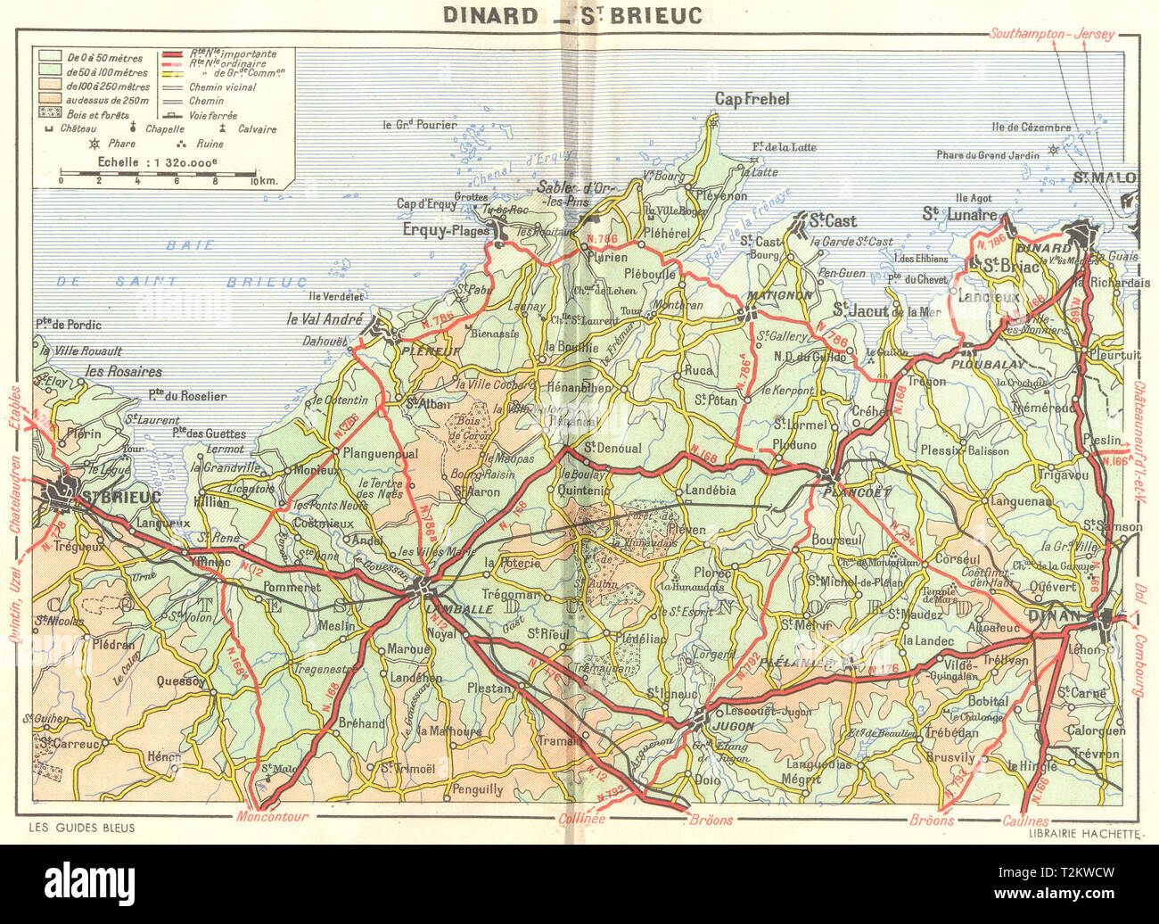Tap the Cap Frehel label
(753, 100)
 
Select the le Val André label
(324, 319)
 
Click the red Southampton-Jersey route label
(1052, 34)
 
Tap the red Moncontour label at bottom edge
(272, 816)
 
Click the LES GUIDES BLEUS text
(82, 828)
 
